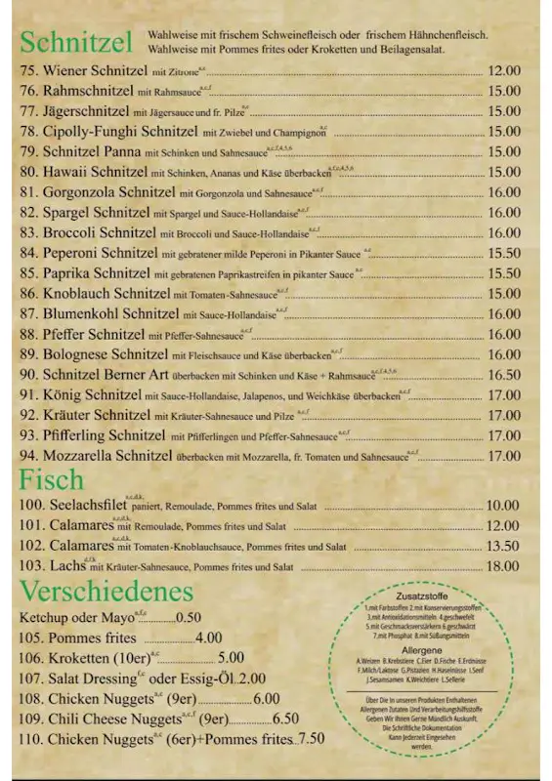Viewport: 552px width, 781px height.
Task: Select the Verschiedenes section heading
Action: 106,591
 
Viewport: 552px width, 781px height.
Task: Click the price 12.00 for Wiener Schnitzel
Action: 503,70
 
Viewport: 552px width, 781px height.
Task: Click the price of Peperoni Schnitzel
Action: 503,253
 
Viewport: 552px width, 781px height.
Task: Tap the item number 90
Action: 28,374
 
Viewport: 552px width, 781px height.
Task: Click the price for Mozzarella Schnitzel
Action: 503,455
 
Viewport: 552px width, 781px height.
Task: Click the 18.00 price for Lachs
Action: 503,565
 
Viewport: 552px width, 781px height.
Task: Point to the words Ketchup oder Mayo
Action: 75,617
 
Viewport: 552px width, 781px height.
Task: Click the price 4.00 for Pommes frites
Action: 209,637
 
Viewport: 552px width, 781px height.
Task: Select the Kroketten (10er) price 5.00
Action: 231,658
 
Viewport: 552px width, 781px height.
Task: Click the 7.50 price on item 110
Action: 312,739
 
